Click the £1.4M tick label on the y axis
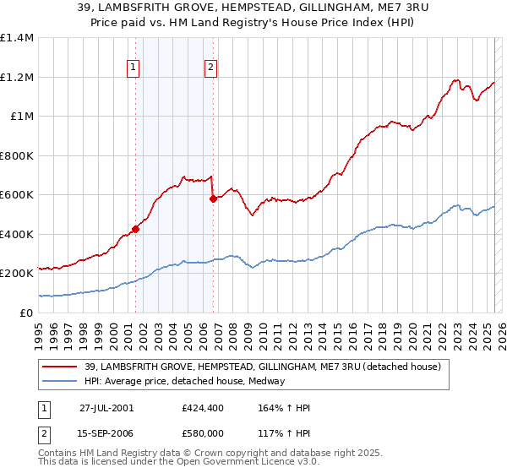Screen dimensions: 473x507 (x=17, y=38)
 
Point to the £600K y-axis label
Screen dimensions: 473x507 (x=17, y=195)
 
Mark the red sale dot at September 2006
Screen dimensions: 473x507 (x=212, y=199)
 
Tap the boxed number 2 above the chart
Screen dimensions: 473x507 (x=210, y=69)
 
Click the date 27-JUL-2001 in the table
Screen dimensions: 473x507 (x=106, y=408)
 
